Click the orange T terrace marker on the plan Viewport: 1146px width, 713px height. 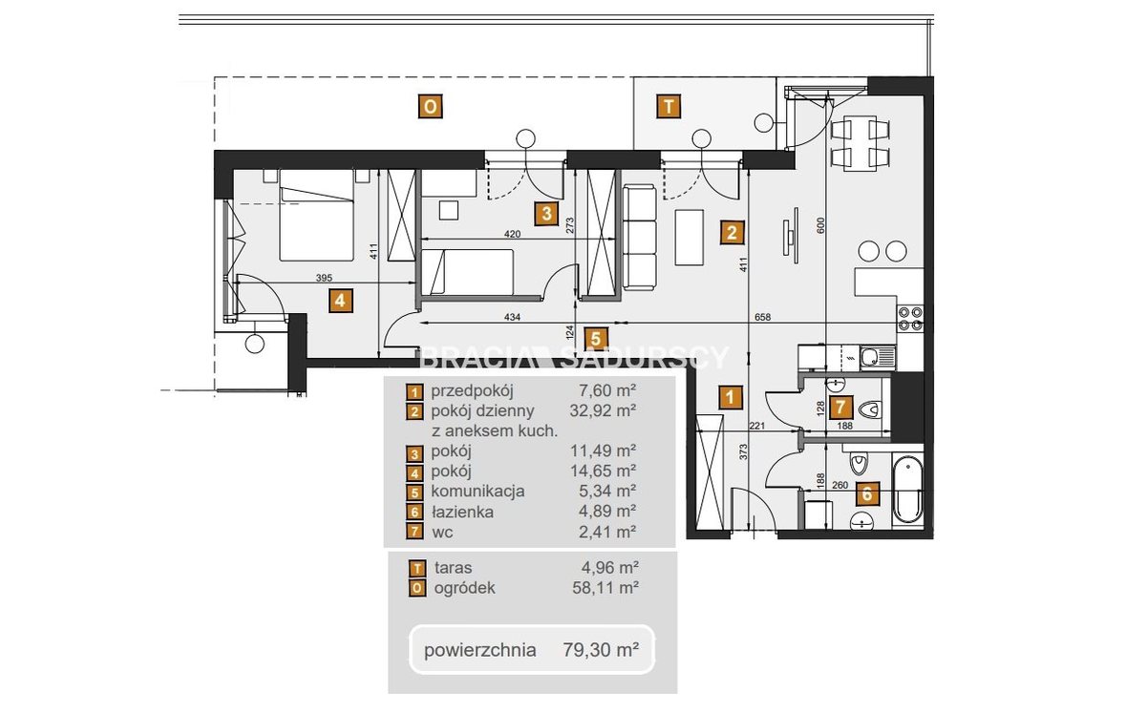tap(668, 107)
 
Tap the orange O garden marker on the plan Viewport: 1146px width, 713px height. tap(431, 107)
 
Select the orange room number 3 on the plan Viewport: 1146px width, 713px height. tap(547, 214)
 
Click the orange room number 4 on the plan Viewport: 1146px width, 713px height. tap(341, 301)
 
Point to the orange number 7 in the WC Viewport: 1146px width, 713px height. tap(840, 408)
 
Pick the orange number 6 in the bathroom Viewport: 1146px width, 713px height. tap(867, 494)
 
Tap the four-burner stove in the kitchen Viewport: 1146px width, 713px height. tap(910, 318)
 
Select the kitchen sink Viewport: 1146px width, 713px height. tap(878, 357)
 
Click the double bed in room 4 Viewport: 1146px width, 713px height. tap(317, 215)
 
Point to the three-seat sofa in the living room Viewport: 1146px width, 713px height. tap(640, 238)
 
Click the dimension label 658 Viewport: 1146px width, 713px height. tap(762, 317)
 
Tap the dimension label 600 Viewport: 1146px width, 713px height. tap(820, 225)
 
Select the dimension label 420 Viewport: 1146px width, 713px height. tap(512, 234)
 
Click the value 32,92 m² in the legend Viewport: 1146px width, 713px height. tap(604, 410)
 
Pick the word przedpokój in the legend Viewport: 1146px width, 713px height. tap(472, 391)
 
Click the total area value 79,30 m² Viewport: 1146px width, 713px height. tap(601, 650)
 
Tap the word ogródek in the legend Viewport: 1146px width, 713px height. tap(464, 588)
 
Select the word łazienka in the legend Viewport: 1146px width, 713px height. tap(462, 512)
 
